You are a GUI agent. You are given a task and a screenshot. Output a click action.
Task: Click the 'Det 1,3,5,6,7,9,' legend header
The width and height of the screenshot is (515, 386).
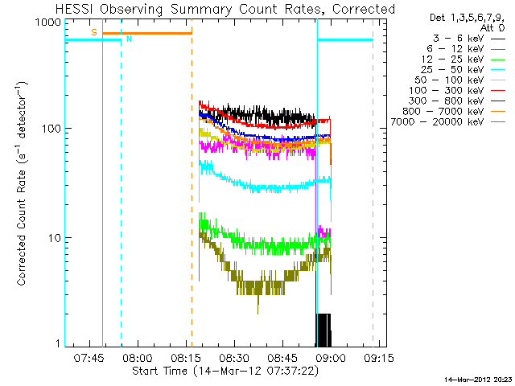[468, 16]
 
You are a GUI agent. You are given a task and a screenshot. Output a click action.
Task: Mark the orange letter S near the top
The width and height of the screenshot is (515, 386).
[94, 32]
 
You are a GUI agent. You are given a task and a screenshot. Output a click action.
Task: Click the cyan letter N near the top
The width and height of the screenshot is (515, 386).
[129, 39]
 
